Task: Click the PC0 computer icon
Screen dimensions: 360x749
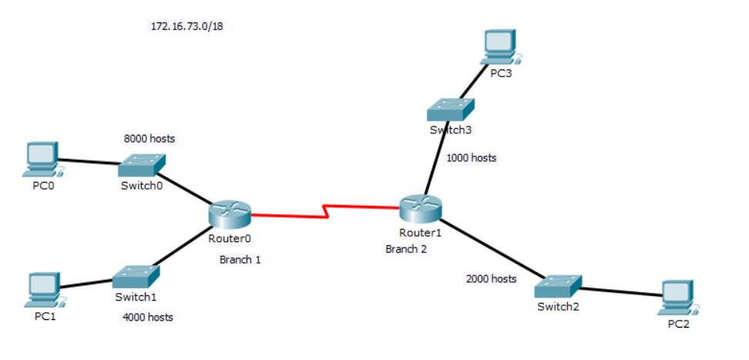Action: click(40, 158)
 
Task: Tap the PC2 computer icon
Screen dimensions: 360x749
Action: click(679, 297)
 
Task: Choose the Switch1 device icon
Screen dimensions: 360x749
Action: click(136, 277)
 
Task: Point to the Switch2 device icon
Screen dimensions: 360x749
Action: click(558, 287)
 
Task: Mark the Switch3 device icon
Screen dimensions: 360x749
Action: click(452, 109)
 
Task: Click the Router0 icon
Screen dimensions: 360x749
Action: click(230, 213)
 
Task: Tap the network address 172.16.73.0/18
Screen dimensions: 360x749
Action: click(186, 26)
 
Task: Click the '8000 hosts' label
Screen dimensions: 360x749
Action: click(149, 139)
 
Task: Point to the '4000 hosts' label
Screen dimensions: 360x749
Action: click(147, 317)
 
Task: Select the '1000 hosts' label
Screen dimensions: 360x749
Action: click(472, 158)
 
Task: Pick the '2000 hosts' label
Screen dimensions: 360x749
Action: click(491, 278)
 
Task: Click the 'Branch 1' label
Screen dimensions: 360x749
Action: click(240, 260)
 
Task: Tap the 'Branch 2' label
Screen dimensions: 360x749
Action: click(405, 249)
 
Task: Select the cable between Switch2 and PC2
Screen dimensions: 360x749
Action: click(620, 291)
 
